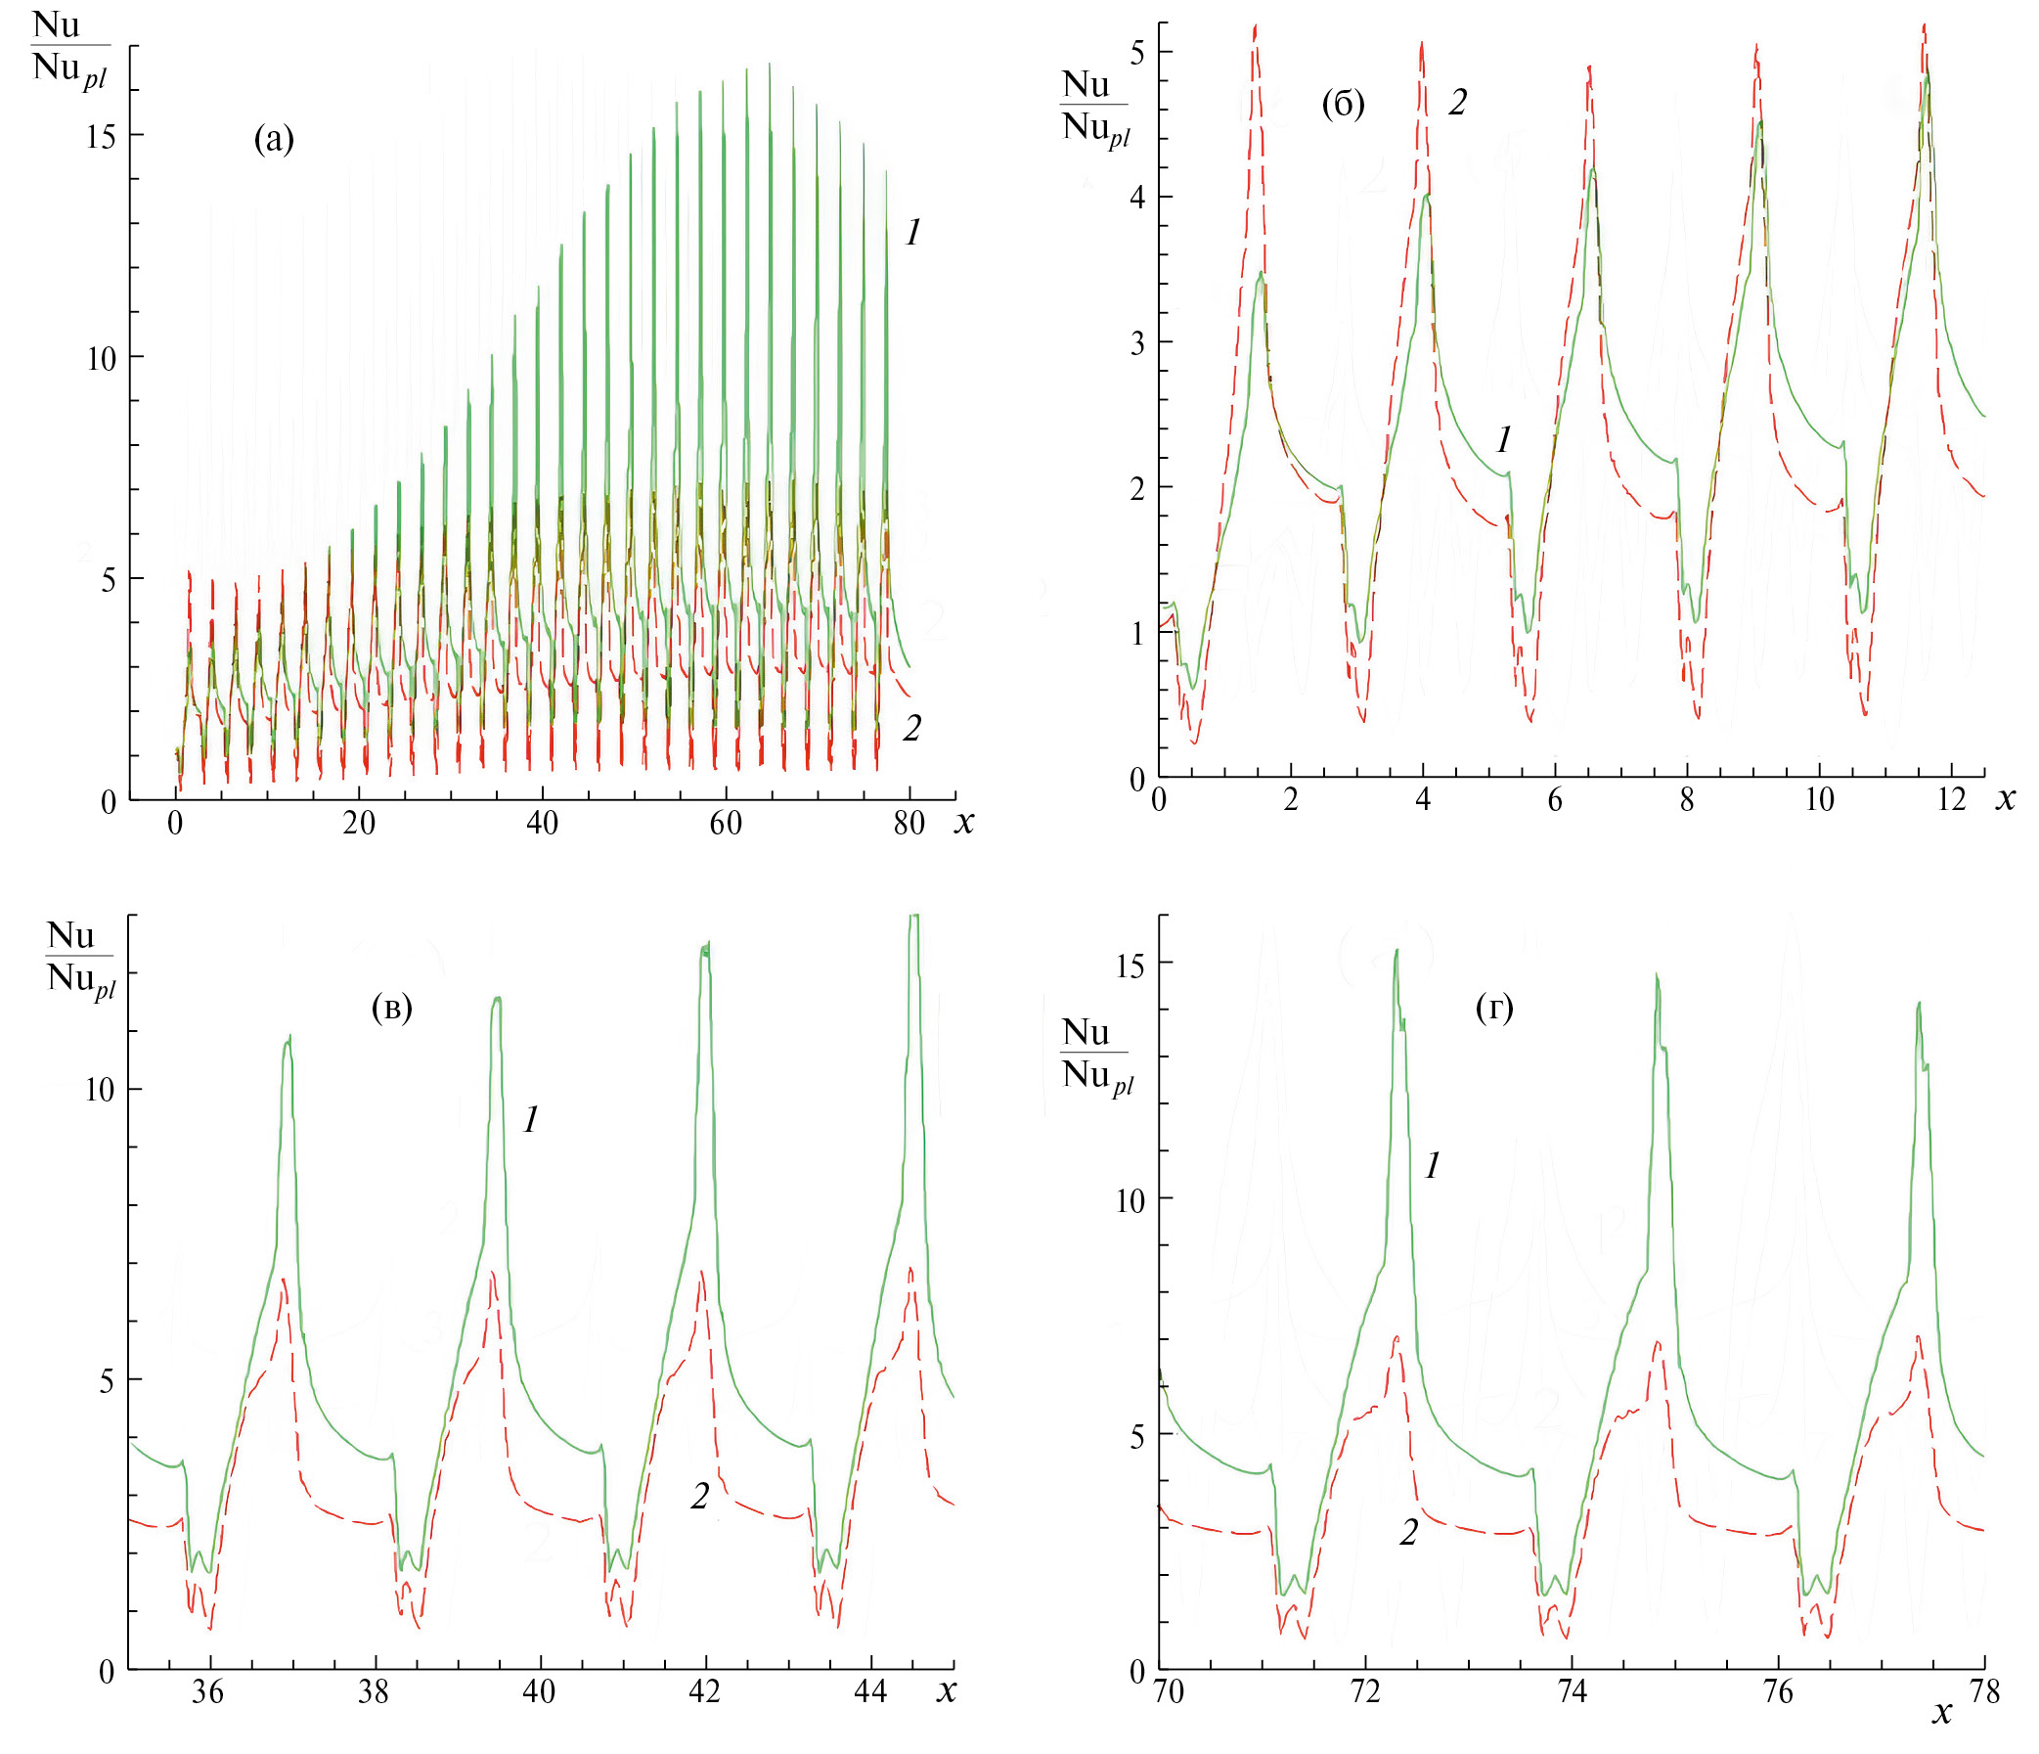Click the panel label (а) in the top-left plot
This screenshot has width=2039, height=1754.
coord(274,140)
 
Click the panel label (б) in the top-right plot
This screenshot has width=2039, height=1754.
coord(1343,104)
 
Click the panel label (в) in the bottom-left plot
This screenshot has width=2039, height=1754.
coord(391,1007)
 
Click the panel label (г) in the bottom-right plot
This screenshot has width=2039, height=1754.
coord(1494,1007)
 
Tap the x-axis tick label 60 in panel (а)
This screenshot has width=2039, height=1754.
coord(726,823)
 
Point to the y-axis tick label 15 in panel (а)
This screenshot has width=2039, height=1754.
coord(101,137)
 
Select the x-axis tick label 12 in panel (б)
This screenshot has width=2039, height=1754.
coord(1951,799)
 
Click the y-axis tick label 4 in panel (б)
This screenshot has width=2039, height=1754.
coord(1137,198)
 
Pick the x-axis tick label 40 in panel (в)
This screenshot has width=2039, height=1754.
coord(538,1692)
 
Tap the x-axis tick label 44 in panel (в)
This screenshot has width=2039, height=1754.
coord(870,1692)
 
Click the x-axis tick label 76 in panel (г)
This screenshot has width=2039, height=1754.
coord(1778,1692)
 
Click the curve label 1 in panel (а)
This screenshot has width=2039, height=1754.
coord(913,233)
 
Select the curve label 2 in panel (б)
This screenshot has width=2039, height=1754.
coord(1457,103)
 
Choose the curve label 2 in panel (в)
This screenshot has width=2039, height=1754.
coord(698,1496)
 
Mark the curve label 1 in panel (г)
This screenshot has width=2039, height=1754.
coord(1433,1166)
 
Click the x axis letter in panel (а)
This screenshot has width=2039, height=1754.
coord(963,822)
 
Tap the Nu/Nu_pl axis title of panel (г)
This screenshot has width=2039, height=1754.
coord(1096,1054)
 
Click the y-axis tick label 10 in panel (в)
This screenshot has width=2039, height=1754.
coord(101,1090)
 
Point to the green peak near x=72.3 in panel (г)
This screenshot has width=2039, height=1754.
coord(1396,953)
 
